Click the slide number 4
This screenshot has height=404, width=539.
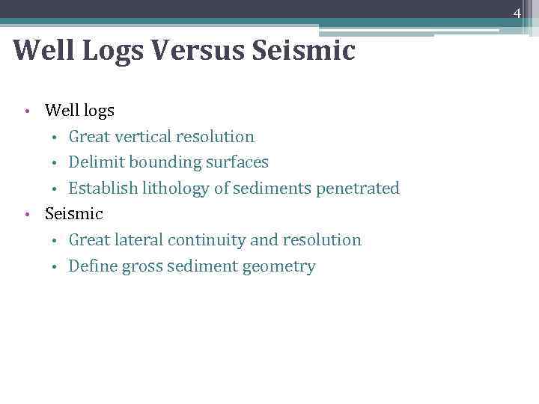(x=517, y=12)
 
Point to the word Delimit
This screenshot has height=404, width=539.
(x=93, y=162)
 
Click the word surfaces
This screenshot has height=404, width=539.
(x=234, y=162)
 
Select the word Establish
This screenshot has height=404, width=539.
(x=100, y=188)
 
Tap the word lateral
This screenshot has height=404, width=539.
(x=138, y=240)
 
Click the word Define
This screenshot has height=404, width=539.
(x=91, y=266)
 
